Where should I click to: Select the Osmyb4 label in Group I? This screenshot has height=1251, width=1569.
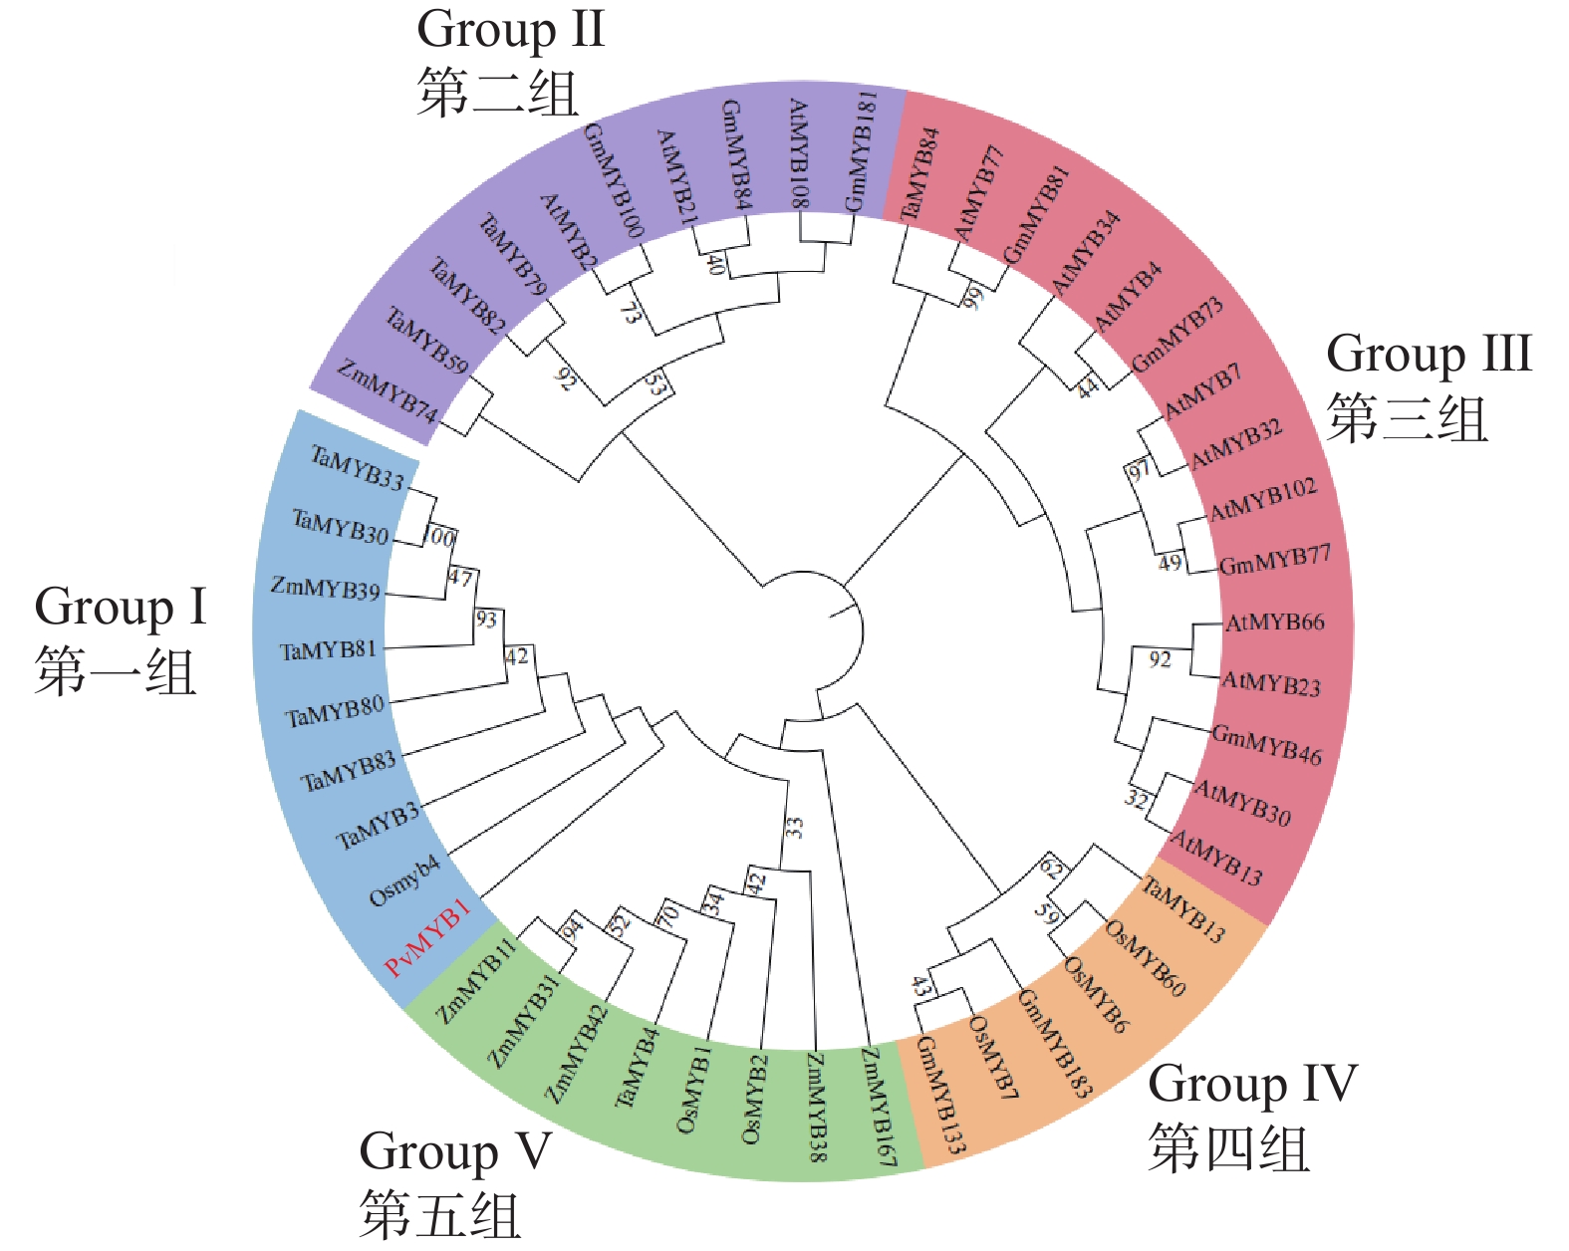pyautogui.click(x=404, y=881)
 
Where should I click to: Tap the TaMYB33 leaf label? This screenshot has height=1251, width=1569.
pyautogui.click(x=358, y=468)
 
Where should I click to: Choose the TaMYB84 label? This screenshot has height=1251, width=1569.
pyautogui.click(x=919, y=175)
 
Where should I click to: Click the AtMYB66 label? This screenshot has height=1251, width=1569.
pyautogui.click(x=1275, y=624)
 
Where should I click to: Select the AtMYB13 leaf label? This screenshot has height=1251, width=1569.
pyautogui.click(x=1216, y=859)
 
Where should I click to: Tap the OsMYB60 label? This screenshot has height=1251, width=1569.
pyautogui.click(x=1146, y=958)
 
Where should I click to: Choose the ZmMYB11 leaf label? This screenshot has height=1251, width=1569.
pyautogui.click(x=477, y=981)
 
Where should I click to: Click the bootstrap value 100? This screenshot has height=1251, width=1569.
pyautogui.click(x=439, y=538)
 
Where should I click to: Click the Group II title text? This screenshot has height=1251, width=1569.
pyautogui.click(x=511, y=29)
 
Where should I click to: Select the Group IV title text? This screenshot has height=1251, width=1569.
pyautogui.click(x=1252, y=1084)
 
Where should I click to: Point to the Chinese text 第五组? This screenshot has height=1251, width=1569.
pyautogui.click(x=440, y=1214)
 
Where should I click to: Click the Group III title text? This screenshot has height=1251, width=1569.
pyautogui.click(x=1429, y=354)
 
